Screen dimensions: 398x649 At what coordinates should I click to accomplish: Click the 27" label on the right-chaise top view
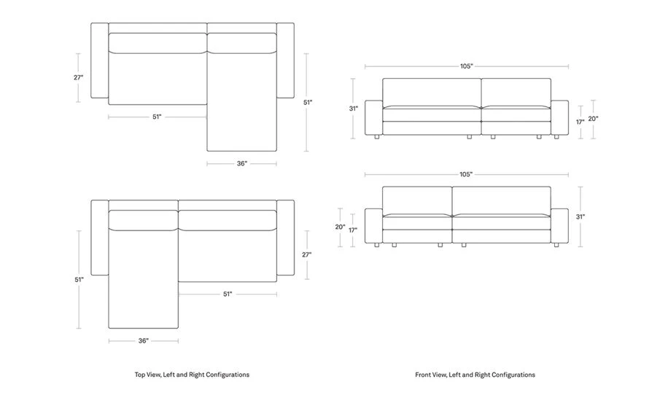tap(78, 77)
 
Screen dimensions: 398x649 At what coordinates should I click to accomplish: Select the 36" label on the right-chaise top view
tap(241, 163)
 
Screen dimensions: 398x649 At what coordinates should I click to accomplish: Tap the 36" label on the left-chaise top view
tap(143, 340)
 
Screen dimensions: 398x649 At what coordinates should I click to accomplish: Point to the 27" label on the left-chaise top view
tap(307, 254)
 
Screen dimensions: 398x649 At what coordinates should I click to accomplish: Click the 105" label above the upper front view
tap(467, 66)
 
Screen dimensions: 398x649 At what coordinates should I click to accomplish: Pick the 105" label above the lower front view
tap(466, 175)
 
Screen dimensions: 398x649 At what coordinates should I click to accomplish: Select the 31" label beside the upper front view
tap(354, 109)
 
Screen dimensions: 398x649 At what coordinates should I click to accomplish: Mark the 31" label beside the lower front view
tap(580, 216)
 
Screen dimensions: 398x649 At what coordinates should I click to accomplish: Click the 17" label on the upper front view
tap(580, 122)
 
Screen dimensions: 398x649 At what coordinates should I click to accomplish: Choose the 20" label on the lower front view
tap(340, 227)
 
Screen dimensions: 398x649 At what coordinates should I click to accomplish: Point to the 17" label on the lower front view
tap(353, 230)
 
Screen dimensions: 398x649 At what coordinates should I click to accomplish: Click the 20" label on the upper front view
tap(593, 119)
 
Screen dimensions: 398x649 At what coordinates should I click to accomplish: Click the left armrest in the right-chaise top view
tap(99, 61)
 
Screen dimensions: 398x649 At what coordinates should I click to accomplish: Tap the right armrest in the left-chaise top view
tap(286, 238)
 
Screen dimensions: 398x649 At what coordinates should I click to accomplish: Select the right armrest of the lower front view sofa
tap(559, 227)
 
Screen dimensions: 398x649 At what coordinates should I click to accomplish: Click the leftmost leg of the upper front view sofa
tap(375, 137)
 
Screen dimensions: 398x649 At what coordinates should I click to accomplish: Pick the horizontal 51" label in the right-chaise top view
tap(157, 117)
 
